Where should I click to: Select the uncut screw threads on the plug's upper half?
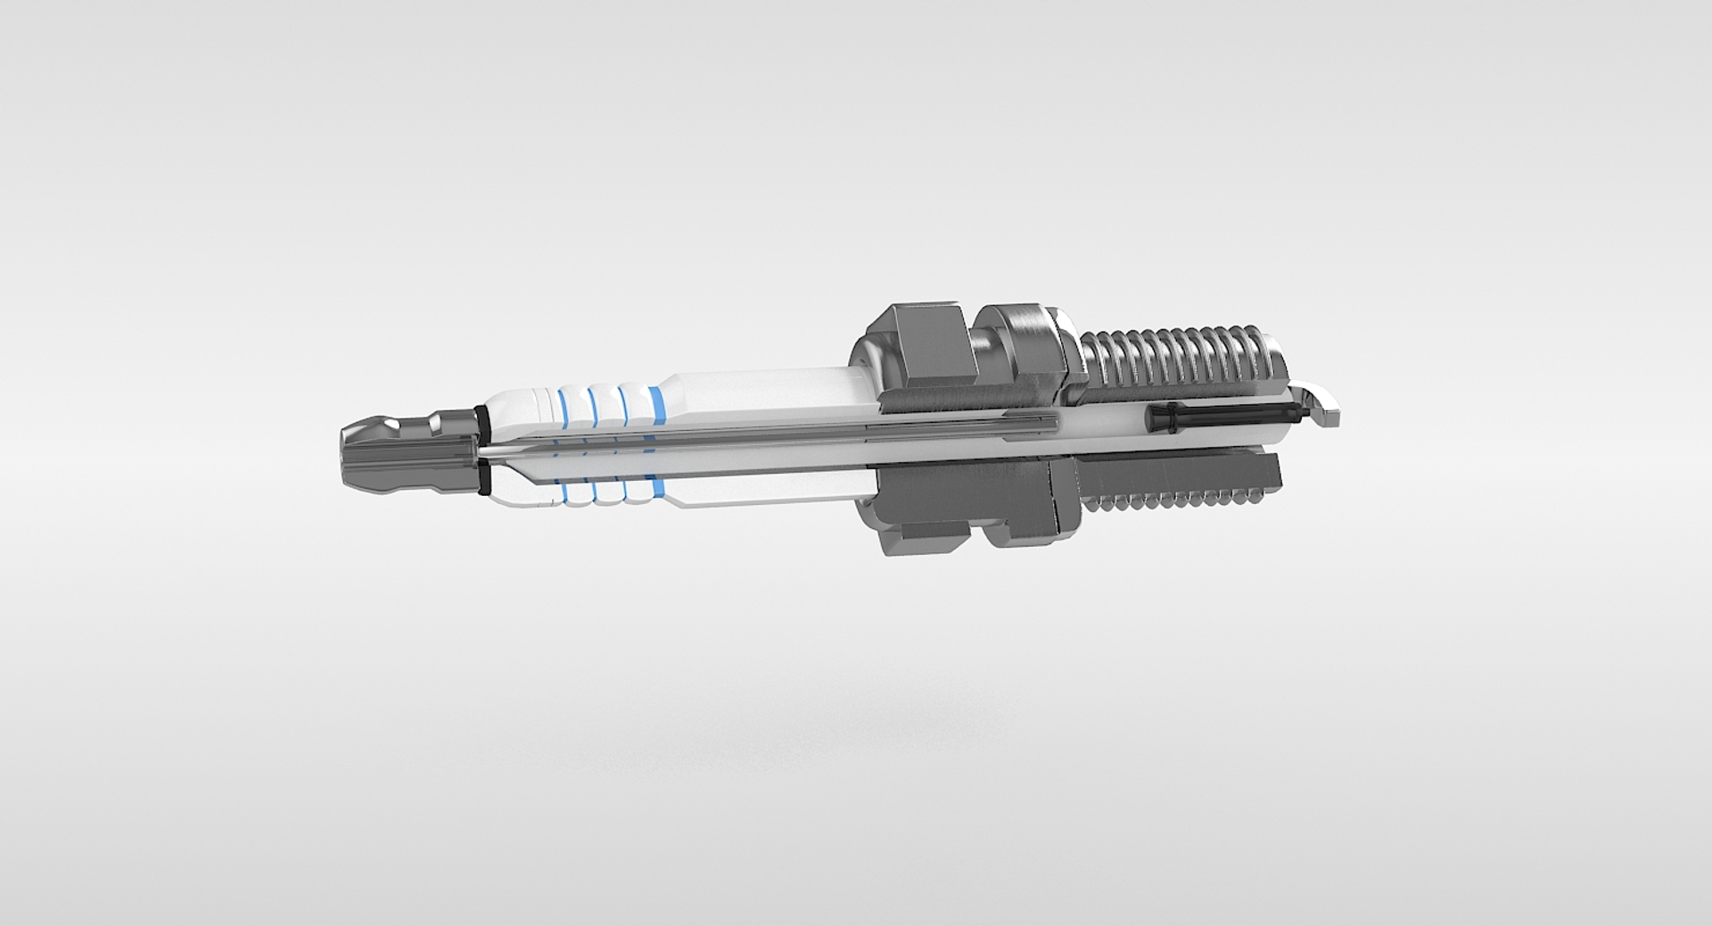1177,357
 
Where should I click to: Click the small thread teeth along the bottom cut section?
1177,502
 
